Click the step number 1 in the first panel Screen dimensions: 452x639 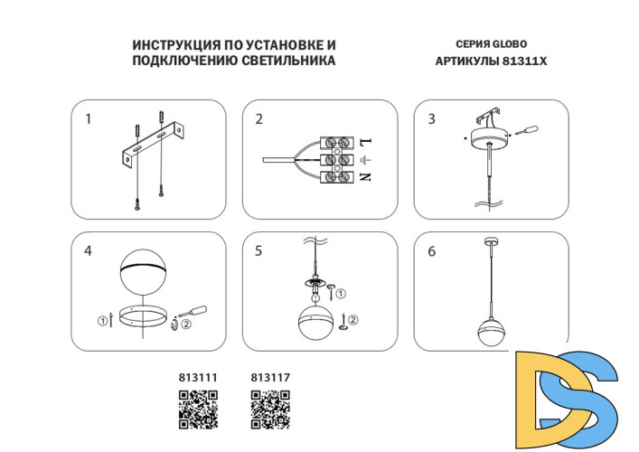tap(89, 118)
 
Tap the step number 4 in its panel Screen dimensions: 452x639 tap(89, 251)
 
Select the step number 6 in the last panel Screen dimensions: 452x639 tap(431, 251)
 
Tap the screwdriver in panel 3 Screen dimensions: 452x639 tap(526, 132)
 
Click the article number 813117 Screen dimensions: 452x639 tap(268, 379)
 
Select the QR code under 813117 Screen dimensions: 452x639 tap(269, 409)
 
